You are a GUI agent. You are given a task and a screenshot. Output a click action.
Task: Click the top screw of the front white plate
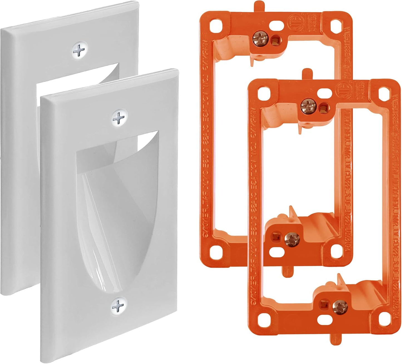[120, 118]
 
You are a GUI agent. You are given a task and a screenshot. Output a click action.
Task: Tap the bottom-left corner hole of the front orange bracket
[263, 320]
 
